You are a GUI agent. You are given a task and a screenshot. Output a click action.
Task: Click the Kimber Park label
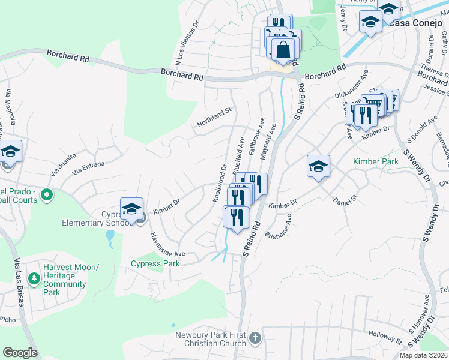coord(376,162)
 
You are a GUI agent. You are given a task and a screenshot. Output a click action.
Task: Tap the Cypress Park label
coord(155,263)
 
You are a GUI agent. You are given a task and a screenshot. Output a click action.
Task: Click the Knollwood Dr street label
coord(220,184)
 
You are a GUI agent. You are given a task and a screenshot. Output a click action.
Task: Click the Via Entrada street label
coord(88,167)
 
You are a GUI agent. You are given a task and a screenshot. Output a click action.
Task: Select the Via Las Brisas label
coord(18,282)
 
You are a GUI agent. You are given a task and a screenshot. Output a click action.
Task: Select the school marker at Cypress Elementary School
coord(131,209)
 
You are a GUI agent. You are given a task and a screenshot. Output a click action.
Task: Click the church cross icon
coord(255,338)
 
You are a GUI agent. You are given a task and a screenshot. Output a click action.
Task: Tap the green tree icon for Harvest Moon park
coord(34,278)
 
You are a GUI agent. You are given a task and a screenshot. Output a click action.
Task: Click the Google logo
coord(20,353)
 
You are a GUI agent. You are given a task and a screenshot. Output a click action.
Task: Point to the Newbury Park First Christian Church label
coord(211,339)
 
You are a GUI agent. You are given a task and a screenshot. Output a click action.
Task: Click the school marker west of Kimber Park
coord(318,166)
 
